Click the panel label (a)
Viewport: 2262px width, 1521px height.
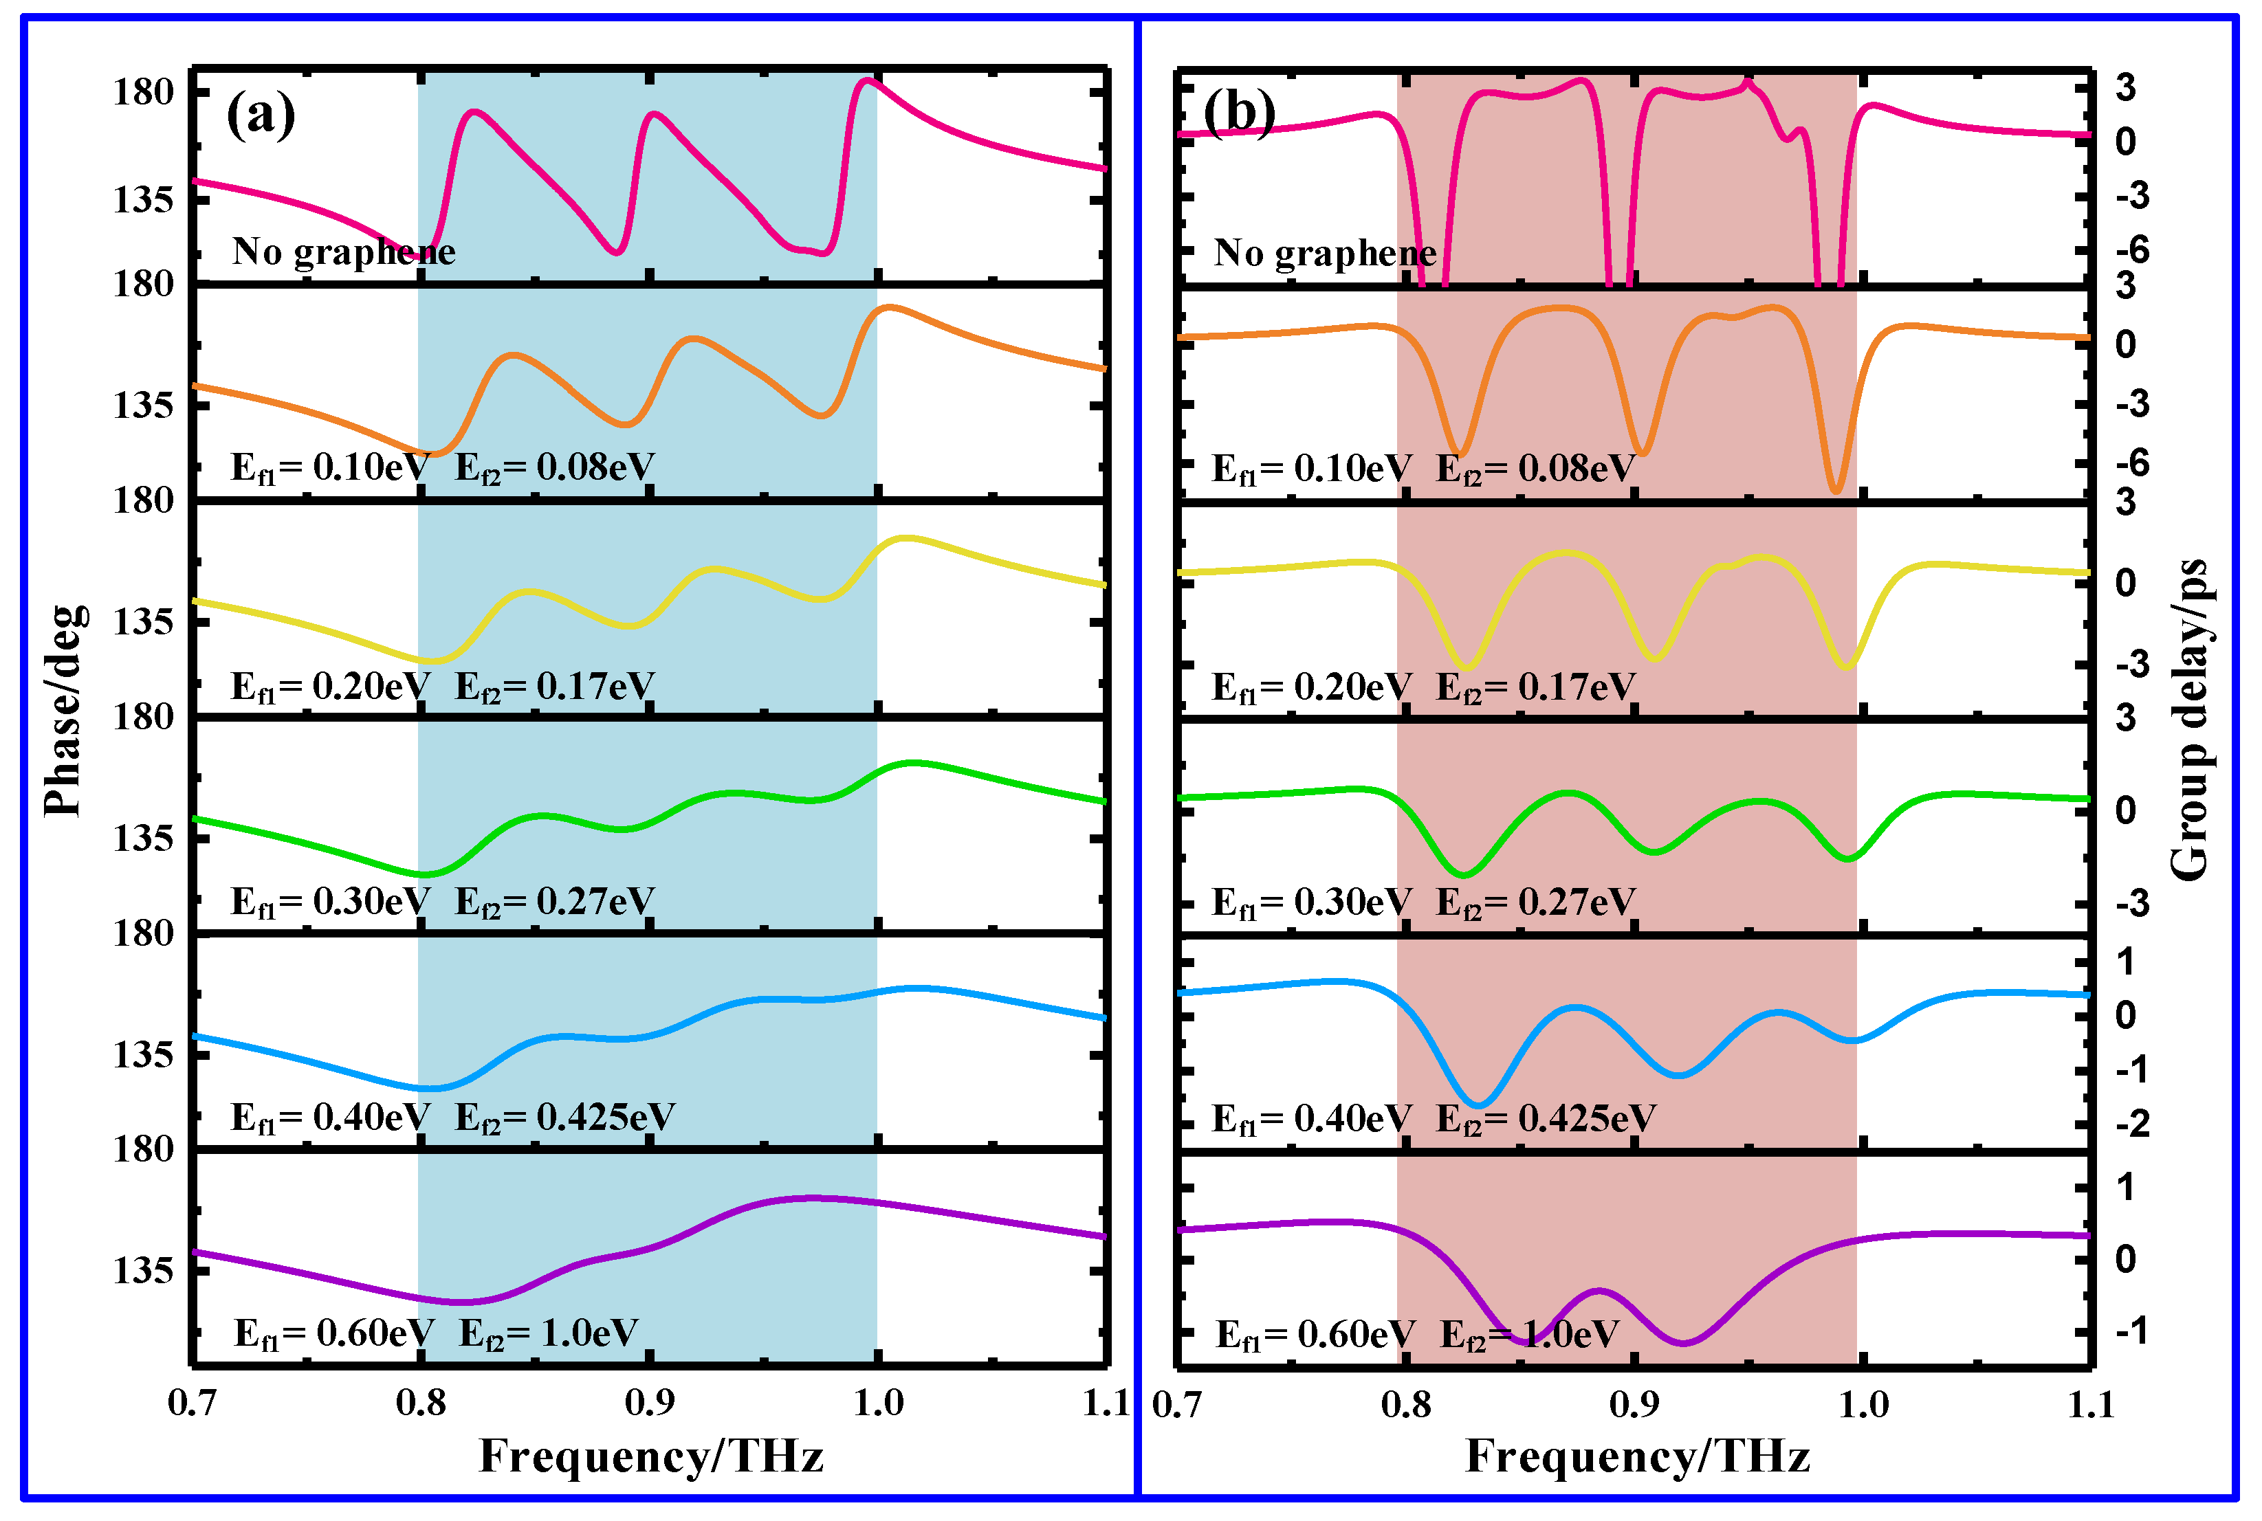(260, 115)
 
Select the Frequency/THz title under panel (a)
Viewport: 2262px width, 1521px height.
(651, 1456)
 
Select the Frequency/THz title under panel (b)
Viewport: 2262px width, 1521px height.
(1638, 1456)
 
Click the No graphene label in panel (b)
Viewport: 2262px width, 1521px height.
(1325, 253)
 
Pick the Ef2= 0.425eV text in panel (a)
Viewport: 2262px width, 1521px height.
(564, 1118)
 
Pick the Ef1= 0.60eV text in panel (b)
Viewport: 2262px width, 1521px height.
(1315, 1335)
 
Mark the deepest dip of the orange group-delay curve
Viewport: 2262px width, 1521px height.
(1835, 491)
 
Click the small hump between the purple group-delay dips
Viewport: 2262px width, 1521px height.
(1599, 1291)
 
